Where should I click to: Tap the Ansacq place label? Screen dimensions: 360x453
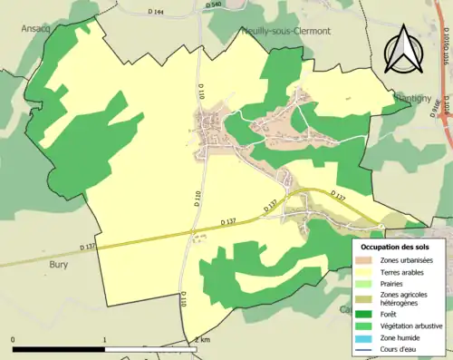click(37, 28)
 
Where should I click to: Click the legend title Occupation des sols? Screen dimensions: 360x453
click(396, 246)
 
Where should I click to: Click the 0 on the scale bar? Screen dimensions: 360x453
click(14, 339)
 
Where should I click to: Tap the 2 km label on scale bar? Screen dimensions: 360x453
click(202, 339)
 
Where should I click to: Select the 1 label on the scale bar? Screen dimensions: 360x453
click(105, 339)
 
